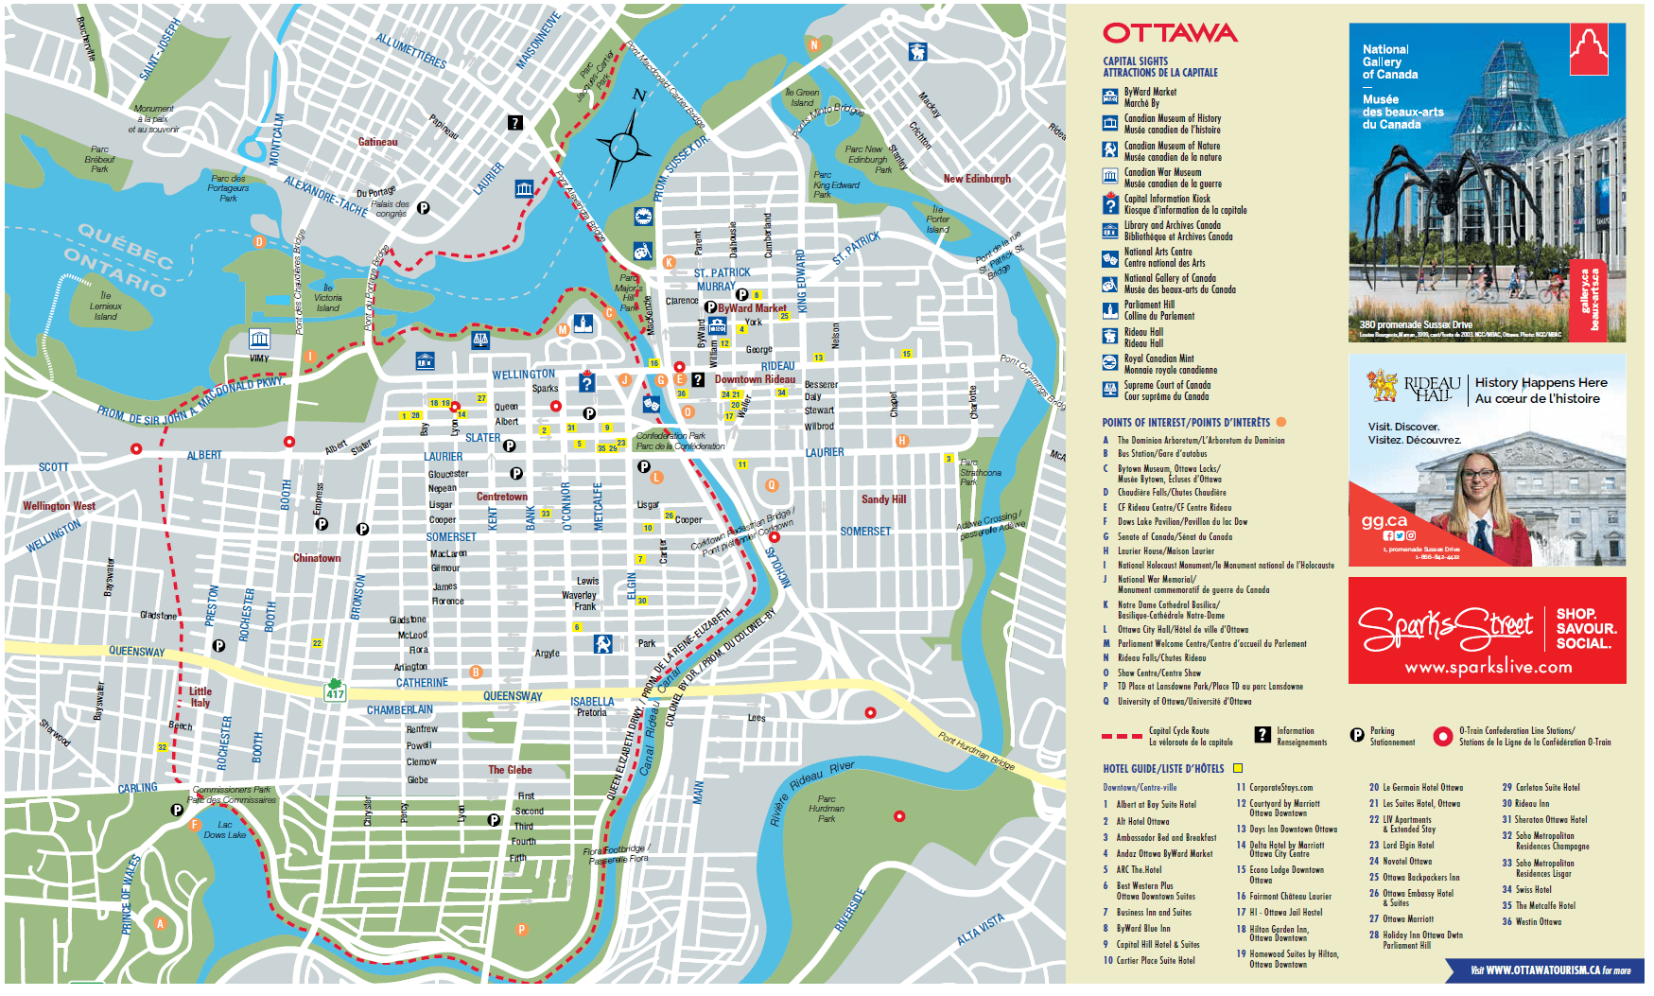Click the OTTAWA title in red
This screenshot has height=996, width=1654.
click(x=1170, y=34)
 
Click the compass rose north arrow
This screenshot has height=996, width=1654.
click(x=625, y=146)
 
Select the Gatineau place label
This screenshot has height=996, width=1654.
click(x=377, y=142)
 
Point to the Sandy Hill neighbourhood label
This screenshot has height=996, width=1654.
click(x=883, y=499)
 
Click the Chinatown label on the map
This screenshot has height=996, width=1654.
click(x=317, y=558)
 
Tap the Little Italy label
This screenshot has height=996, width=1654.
click(x=200, y=697)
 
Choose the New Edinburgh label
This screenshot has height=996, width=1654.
click(x=977, y=179)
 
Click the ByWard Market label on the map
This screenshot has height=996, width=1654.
click(x=752, y=308)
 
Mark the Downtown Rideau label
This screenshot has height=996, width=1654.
click(x=755, y=379)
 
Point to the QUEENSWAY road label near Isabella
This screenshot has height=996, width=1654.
click(x=513, y=696)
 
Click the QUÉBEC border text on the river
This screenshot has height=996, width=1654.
click(x=125, y=245)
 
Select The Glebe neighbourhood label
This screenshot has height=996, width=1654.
click(x=510, y=770)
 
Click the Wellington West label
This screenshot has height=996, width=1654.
click(x=59, y=506)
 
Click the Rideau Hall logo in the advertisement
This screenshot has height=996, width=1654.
click(x=1415, y=387)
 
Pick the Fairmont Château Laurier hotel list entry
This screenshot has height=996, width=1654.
click(x=1290, y=896)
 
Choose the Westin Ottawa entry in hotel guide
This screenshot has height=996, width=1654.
click(x=1538, y=921)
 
